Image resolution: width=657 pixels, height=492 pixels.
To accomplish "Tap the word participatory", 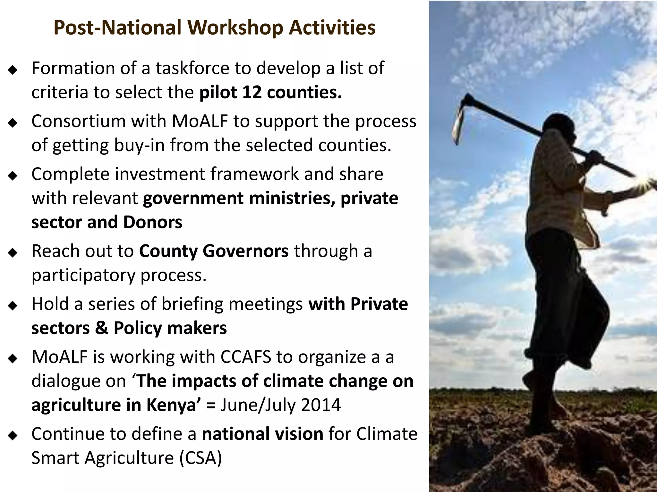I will coord(83,275).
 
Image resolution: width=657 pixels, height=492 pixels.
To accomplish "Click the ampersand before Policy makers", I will coord(102,328).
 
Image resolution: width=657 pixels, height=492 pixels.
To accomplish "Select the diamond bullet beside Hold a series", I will coord(13,306).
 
